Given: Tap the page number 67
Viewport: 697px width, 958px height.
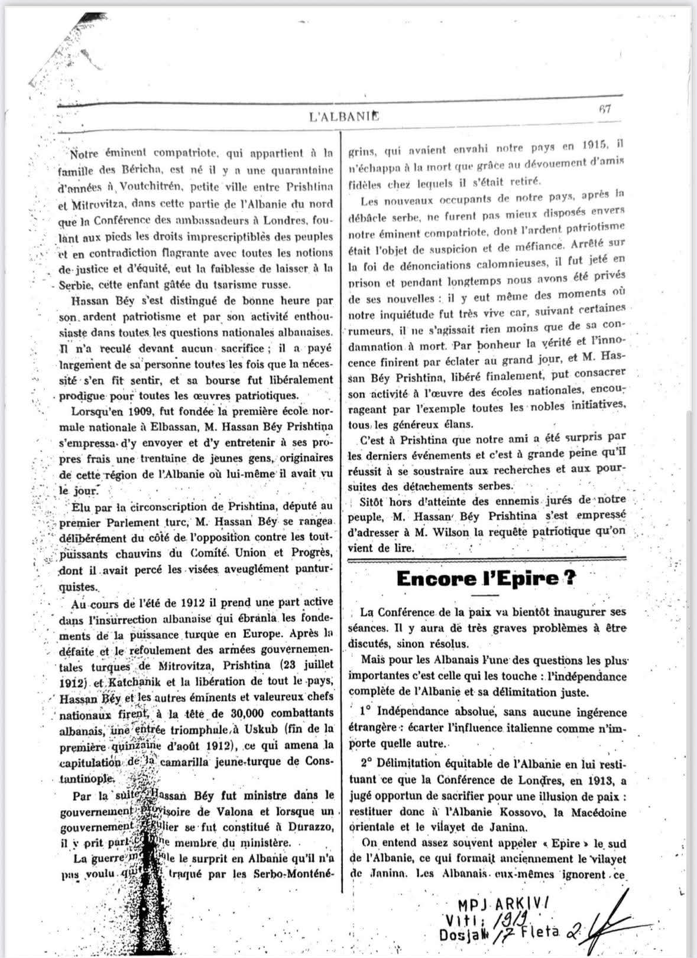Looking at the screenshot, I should click(604, 109).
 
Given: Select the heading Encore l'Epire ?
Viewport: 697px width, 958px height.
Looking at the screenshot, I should click(486, 579).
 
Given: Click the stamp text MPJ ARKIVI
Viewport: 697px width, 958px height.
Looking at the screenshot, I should click(504, 903).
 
